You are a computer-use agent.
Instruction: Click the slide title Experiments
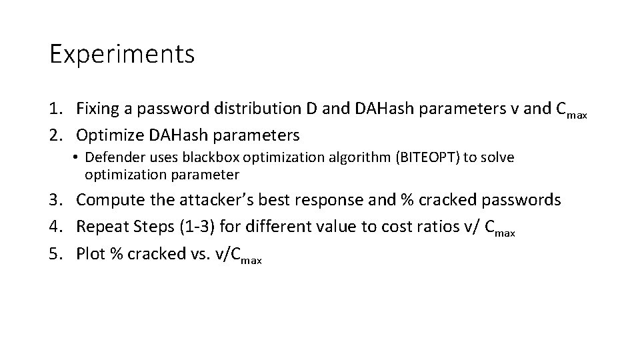122,55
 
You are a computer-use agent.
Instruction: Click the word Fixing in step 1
97,108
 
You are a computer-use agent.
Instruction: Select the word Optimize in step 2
108,135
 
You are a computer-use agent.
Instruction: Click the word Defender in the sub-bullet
111,157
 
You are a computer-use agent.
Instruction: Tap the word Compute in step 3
110,200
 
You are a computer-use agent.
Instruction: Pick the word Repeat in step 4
101,227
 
